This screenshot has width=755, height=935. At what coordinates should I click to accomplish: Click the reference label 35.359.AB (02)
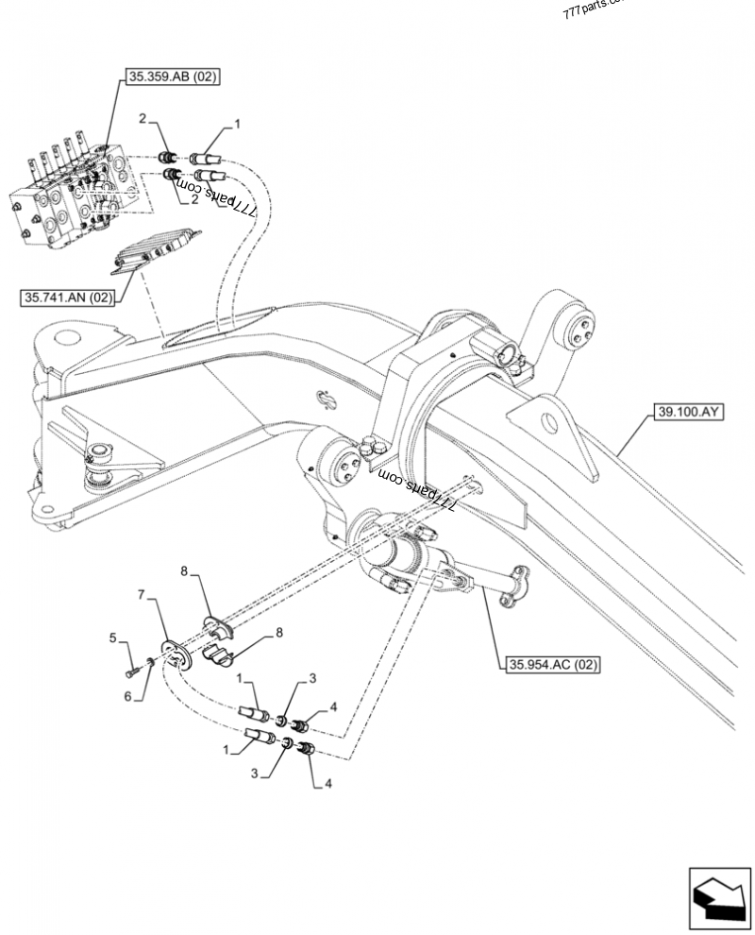(170, 78)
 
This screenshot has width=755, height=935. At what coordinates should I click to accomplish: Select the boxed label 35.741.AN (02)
(67, 298)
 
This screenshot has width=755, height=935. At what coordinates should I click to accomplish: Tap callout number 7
(143, 595)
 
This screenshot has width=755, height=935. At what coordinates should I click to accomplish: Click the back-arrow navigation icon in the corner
(719, 896)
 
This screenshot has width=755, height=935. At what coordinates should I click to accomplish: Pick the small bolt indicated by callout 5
(131, 671)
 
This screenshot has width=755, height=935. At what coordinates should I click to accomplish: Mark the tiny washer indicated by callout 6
(149, 665)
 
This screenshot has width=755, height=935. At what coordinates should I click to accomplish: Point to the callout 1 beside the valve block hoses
(238, 123)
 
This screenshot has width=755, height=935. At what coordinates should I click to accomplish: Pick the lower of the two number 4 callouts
(327, 783)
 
